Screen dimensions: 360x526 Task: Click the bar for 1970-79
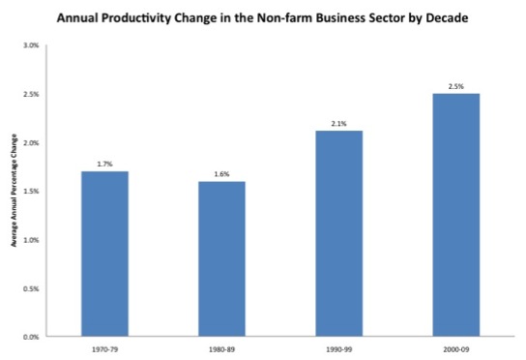104,254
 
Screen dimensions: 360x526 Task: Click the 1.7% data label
104,165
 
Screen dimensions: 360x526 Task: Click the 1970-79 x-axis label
104,347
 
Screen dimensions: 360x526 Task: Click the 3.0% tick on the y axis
32,45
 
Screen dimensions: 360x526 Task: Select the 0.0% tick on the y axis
32,337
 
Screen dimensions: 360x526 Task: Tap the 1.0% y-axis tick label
32,240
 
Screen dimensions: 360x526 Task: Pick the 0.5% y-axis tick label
32,288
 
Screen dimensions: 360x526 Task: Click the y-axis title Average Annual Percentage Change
13,192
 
